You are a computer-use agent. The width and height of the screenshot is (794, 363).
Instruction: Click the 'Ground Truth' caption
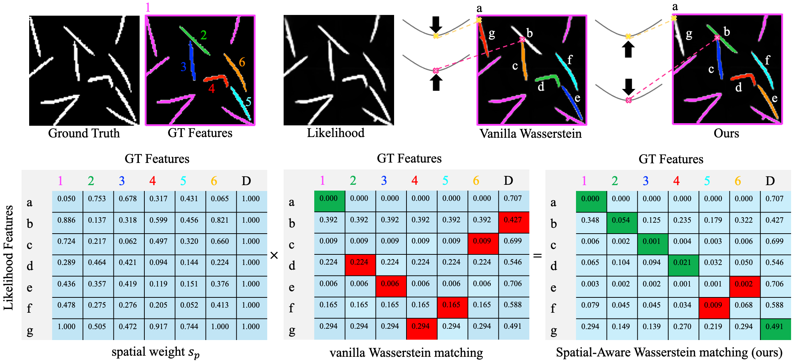(x=84, y=133)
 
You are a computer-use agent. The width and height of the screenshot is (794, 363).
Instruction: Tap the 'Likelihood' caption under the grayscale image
(x=335, y=133)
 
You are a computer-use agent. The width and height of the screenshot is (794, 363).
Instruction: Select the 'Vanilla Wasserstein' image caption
(x=530, y=134)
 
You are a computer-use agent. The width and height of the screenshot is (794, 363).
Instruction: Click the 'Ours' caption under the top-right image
(x=726, y=133)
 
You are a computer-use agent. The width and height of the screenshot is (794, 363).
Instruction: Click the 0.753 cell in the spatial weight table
(x=97, y=199)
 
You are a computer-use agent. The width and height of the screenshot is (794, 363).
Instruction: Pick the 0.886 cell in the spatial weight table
(x=66, y=220)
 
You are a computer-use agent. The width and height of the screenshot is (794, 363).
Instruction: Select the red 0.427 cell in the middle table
(x=513, y=220)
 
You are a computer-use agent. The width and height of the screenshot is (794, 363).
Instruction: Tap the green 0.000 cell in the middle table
(x=328, y=199)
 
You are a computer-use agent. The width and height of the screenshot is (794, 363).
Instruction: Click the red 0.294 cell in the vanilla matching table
(x=421, y=327)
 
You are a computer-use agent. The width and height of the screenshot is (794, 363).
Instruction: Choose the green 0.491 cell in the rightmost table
(x=774, y=327)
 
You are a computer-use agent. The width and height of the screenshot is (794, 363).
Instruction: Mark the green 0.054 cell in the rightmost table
(x=621, y=220)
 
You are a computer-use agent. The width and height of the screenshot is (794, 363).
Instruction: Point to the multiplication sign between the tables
(x=274, y=255)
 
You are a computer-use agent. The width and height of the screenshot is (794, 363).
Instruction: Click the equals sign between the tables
(x=537, y=256)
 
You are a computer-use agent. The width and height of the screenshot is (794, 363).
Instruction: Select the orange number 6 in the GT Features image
(x=242, y=62)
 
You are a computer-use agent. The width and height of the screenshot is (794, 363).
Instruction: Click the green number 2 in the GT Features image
(x=203, y=35)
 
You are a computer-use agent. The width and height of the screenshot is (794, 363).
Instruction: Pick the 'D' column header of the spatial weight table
(x=246, y=181)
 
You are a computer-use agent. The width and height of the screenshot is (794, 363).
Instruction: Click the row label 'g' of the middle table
(x=292, y=330)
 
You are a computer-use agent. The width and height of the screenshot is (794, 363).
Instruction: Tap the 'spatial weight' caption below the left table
(x=155, y=352)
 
